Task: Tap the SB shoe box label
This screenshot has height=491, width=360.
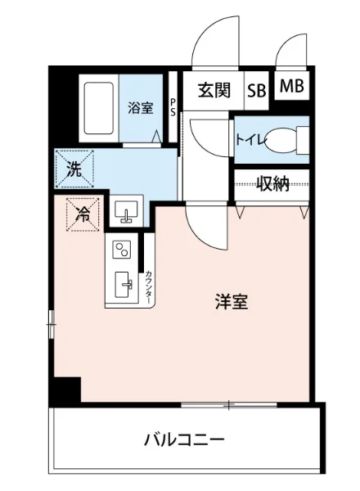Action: coord(256,90)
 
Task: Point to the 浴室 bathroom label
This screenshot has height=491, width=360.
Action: coord(140,107)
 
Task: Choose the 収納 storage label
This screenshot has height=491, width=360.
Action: coord(272,184)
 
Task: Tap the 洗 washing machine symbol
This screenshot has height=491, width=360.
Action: coord(74,172)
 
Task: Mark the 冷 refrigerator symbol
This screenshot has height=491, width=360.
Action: coord(83,215)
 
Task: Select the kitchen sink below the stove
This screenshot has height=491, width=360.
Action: coord(124,286)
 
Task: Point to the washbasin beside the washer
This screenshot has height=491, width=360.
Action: coord(126,213)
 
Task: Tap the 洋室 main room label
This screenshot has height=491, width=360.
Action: coord(232,301)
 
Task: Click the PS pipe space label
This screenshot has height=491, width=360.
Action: coord(173,107)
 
